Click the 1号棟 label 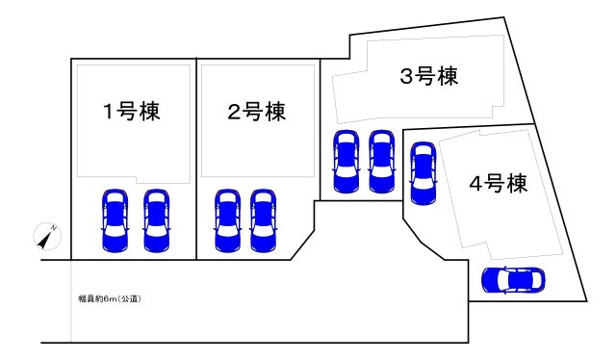tap(132, 112)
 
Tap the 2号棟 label tap(257, 112)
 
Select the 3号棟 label tap(429, 76)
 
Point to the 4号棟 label tap(499, 183)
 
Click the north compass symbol tap(47, 237)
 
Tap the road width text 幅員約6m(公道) tap(110, 298)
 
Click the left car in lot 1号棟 tap(115, 220)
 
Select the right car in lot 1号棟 tap(156, 220)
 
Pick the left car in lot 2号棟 tap(228, 220)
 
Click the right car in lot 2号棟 tap(263, 220)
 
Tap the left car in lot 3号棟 tap(346, 162)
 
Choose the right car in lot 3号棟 tap(381, 162)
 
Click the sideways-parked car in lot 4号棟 tap(513, 281)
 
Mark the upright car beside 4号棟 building tap(423, 173)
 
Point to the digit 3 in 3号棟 tap(406, 76)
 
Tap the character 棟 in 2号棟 tap(275, 112)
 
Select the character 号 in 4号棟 tap(494, 183)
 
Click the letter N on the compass tap(54, 228)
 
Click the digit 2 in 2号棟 tap(235, 112)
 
